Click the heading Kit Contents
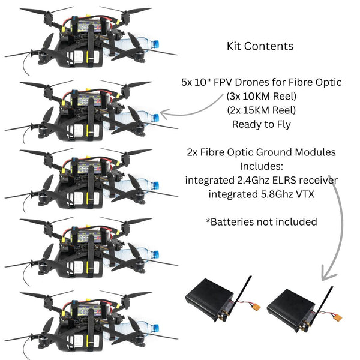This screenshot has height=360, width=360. click(x=260, y=46)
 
